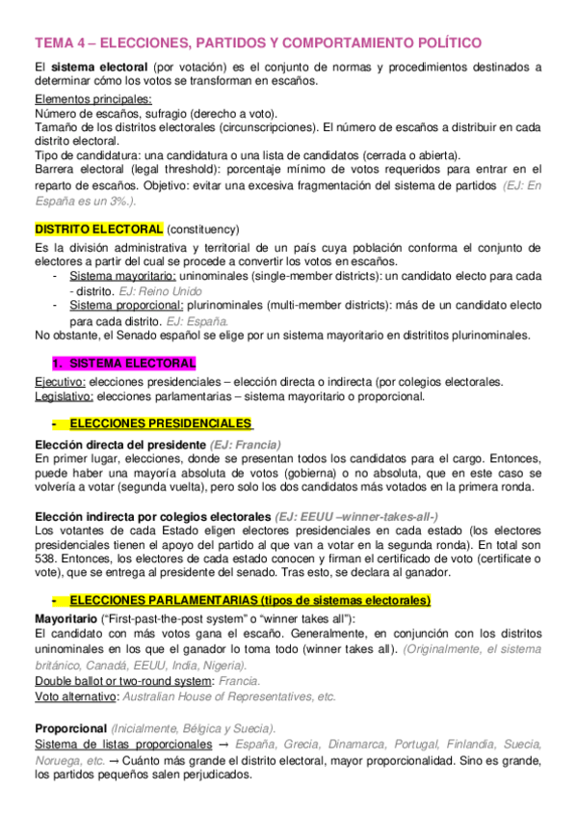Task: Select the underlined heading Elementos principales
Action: (93, 99)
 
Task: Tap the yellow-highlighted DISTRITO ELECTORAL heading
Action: (99, 230)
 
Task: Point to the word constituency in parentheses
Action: (202, 230)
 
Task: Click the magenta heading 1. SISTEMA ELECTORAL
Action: (123, 364)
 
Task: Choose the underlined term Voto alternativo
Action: (75, 695)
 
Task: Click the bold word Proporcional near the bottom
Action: (70, 728)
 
